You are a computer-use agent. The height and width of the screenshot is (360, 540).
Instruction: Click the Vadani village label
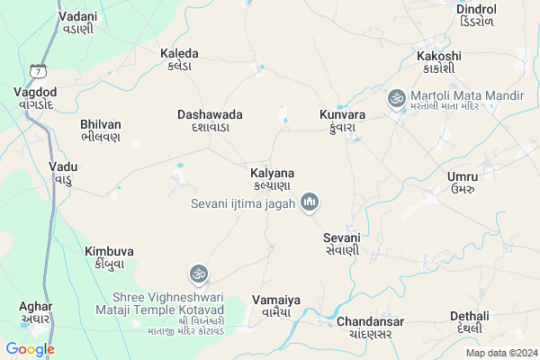click(x=76, y=22)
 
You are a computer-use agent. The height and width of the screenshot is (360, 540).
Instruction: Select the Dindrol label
click(x=476, y=15)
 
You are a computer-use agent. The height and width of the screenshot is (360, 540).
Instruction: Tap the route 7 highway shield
click(x=37, y=70)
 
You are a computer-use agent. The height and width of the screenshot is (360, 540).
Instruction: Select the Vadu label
click(x=64, y=173)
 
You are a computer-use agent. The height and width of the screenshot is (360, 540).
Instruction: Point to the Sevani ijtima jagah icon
click(x=310, y=202)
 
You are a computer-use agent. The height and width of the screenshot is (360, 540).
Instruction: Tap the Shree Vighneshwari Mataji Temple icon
click(x=199, y=273)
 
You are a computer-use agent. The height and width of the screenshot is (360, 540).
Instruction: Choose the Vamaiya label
click(x=276, y=306)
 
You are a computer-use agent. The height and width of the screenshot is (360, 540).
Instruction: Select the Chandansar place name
click(x=370, y=328)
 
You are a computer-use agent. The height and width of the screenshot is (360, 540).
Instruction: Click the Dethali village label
click(x=470, y=322)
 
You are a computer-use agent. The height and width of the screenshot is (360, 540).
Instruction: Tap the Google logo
click(x=30, y=349)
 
